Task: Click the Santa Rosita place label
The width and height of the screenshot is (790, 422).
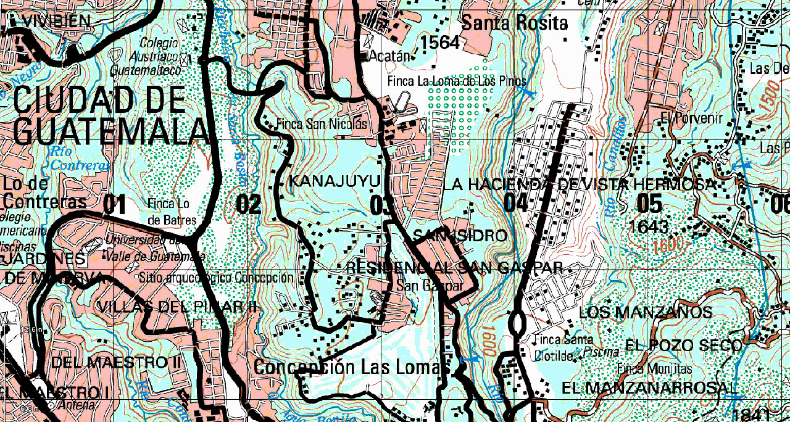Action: tap(515, 23)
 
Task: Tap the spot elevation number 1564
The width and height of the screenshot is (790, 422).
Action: tap(439, 43)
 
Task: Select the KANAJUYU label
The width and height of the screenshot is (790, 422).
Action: tap(333, 181)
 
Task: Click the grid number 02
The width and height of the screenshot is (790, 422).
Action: tap(249, 204)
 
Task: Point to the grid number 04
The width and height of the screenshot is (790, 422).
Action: tap(517, 202)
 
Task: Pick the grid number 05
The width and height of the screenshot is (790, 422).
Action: tap(649, 203)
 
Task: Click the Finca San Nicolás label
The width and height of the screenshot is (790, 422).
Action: tap(322, 124)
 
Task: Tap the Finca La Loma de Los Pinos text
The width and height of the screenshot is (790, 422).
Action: tap(457, 81)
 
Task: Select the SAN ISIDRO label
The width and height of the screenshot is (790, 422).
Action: tap(460, 236)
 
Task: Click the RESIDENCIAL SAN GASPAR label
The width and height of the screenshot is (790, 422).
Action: tap(454, 267)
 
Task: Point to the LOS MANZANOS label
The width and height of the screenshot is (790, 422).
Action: tap(646, 313)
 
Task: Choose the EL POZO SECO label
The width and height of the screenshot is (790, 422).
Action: tap(684, 345)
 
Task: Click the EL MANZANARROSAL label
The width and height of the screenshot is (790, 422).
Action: tap(649, 388)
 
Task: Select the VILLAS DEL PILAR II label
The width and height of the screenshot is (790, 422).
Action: tap(180, 307)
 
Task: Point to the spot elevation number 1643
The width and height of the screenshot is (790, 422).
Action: tap(649, 226)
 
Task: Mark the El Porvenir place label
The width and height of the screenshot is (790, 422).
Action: tap(682, 117)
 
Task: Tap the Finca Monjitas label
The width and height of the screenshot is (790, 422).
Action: tap(655, 369)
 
